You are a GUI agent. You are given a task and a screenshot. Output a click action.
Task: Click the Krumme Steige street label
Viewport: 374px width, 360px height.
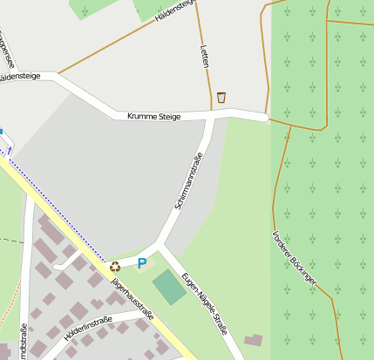coord(153,116)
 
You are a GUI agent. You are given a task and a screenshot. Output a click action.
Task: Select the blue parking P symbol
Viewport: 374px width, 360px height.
coord(142,262)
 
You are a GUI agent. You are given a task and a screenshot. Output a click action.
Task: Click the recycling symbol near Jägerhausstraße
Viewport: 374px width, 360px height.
coord(114,267)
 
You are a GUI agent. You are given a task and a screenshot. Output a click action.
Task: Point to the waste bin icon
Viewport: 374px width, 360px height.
coord(221,97)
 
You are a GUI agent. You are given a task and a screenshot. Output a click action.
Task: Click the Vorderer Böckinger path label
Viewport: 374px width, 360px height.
coord(294,258)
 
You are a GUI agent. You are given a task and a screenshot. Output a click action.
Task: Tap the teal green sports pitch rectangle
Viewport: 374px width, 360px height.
coord(169,287)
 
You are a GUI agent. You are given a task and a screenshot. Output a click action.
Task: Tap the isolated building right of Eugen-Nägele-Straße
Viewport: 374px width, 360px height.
coord(253,339)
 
